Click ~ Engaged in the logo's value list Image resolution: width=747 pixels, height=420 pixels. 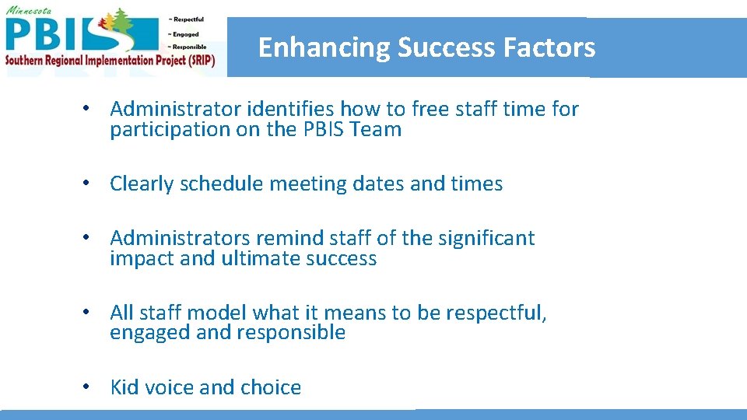pos(183,34)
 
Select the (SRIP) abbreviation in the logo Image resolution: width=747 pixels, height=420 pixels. pos(198,60)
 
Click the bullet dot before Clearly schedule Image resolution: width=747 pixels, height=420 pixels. pos(91,184)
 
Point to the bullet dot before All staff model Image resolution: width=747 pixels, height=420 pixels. pos(91,312)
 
